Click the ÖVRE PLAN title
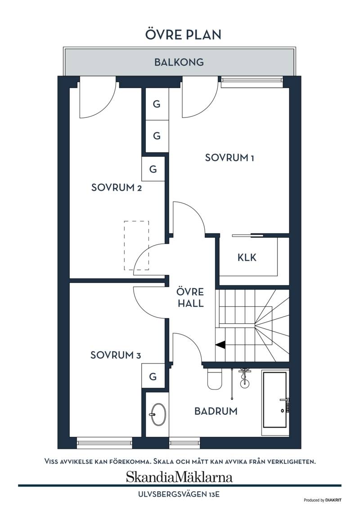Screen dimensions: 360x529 [183, 34]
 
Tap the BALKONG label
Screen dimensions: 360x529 [179, 62]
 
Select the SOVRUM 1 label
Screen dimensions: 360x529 [229, 157]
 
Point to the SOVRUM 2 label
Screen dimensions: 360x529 [117, 188]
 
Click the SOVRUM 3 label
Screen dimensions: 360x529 [115, 355]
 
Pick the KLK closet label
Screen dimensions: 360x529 [247, 257]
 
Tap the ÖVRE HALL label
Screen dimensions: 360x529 [191, 298]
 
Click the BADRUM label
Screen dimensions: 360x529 [216, 411]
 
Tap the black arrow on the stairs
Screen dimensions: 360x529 [220, 345]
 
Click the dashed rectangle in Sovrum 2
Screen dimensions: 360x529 [136, 246]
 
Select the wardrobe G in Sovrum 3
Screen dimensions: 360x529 [153, 376]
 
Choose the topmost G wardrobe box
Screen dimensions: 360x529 [157, 104]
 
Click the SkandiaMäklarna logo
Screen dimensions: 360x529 [179, 477]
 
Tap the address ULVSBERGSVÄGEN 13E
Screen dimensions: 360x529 [179, 495]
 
